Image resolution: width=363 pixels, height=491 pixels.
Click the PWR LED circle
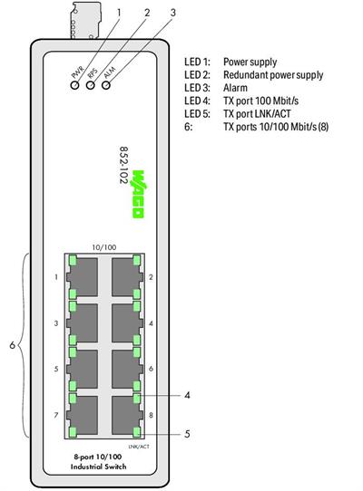(75, 85)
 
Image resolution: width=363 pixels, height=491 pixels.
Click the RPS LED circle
(91, 85)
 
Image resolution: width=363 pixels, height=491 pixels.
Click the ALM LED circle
(106, 85)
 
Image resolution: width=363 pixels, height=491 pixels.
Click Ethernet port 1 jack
(84, 274)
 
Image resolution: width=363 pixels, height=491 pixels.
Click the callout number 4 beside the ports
(186, 395)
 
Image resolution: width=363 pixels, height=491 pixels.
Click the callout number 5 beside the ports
(186, 434)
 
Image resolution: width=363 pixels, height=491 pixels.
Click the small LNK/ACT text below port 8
(139, 447)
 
